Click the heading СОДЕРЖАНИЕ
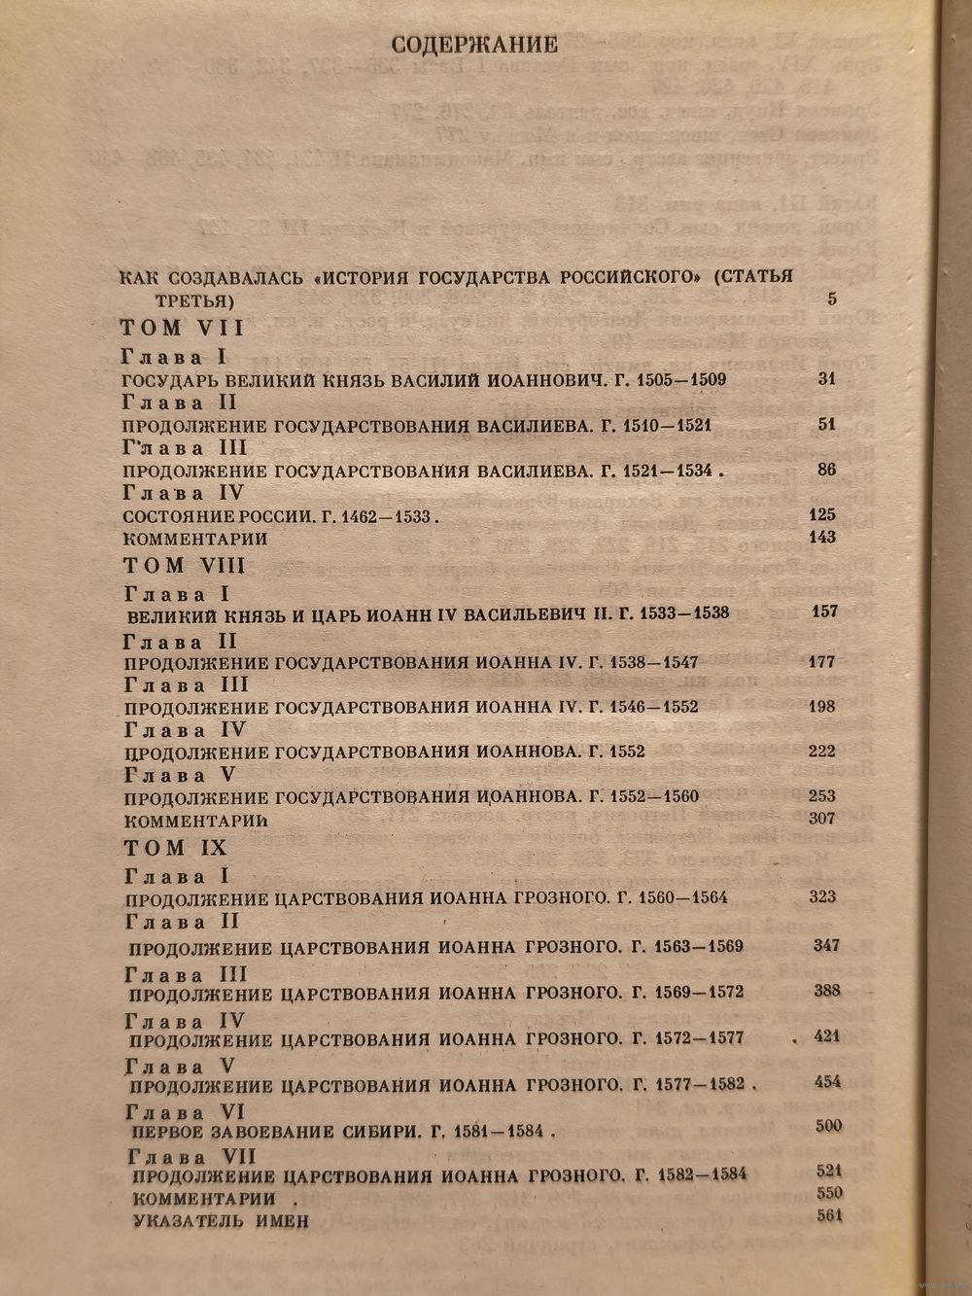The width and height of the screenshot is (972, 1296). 473,45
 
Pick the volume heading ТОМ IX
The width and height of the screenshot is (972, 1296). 175,848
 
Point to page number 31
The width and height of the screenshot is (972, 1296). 827,379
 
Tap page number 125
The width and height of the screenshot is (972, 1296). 822,514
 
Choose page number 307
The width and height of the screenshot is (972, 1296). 822,818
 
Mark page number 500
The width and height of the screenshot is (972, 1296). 828,1126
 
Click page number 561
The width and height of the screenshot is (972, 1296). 829,1214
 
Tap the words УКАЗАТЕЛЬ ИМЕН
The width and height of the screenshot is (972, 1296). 221,1220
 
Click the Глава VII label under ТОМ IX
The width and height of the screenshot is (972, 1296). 191,1157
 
